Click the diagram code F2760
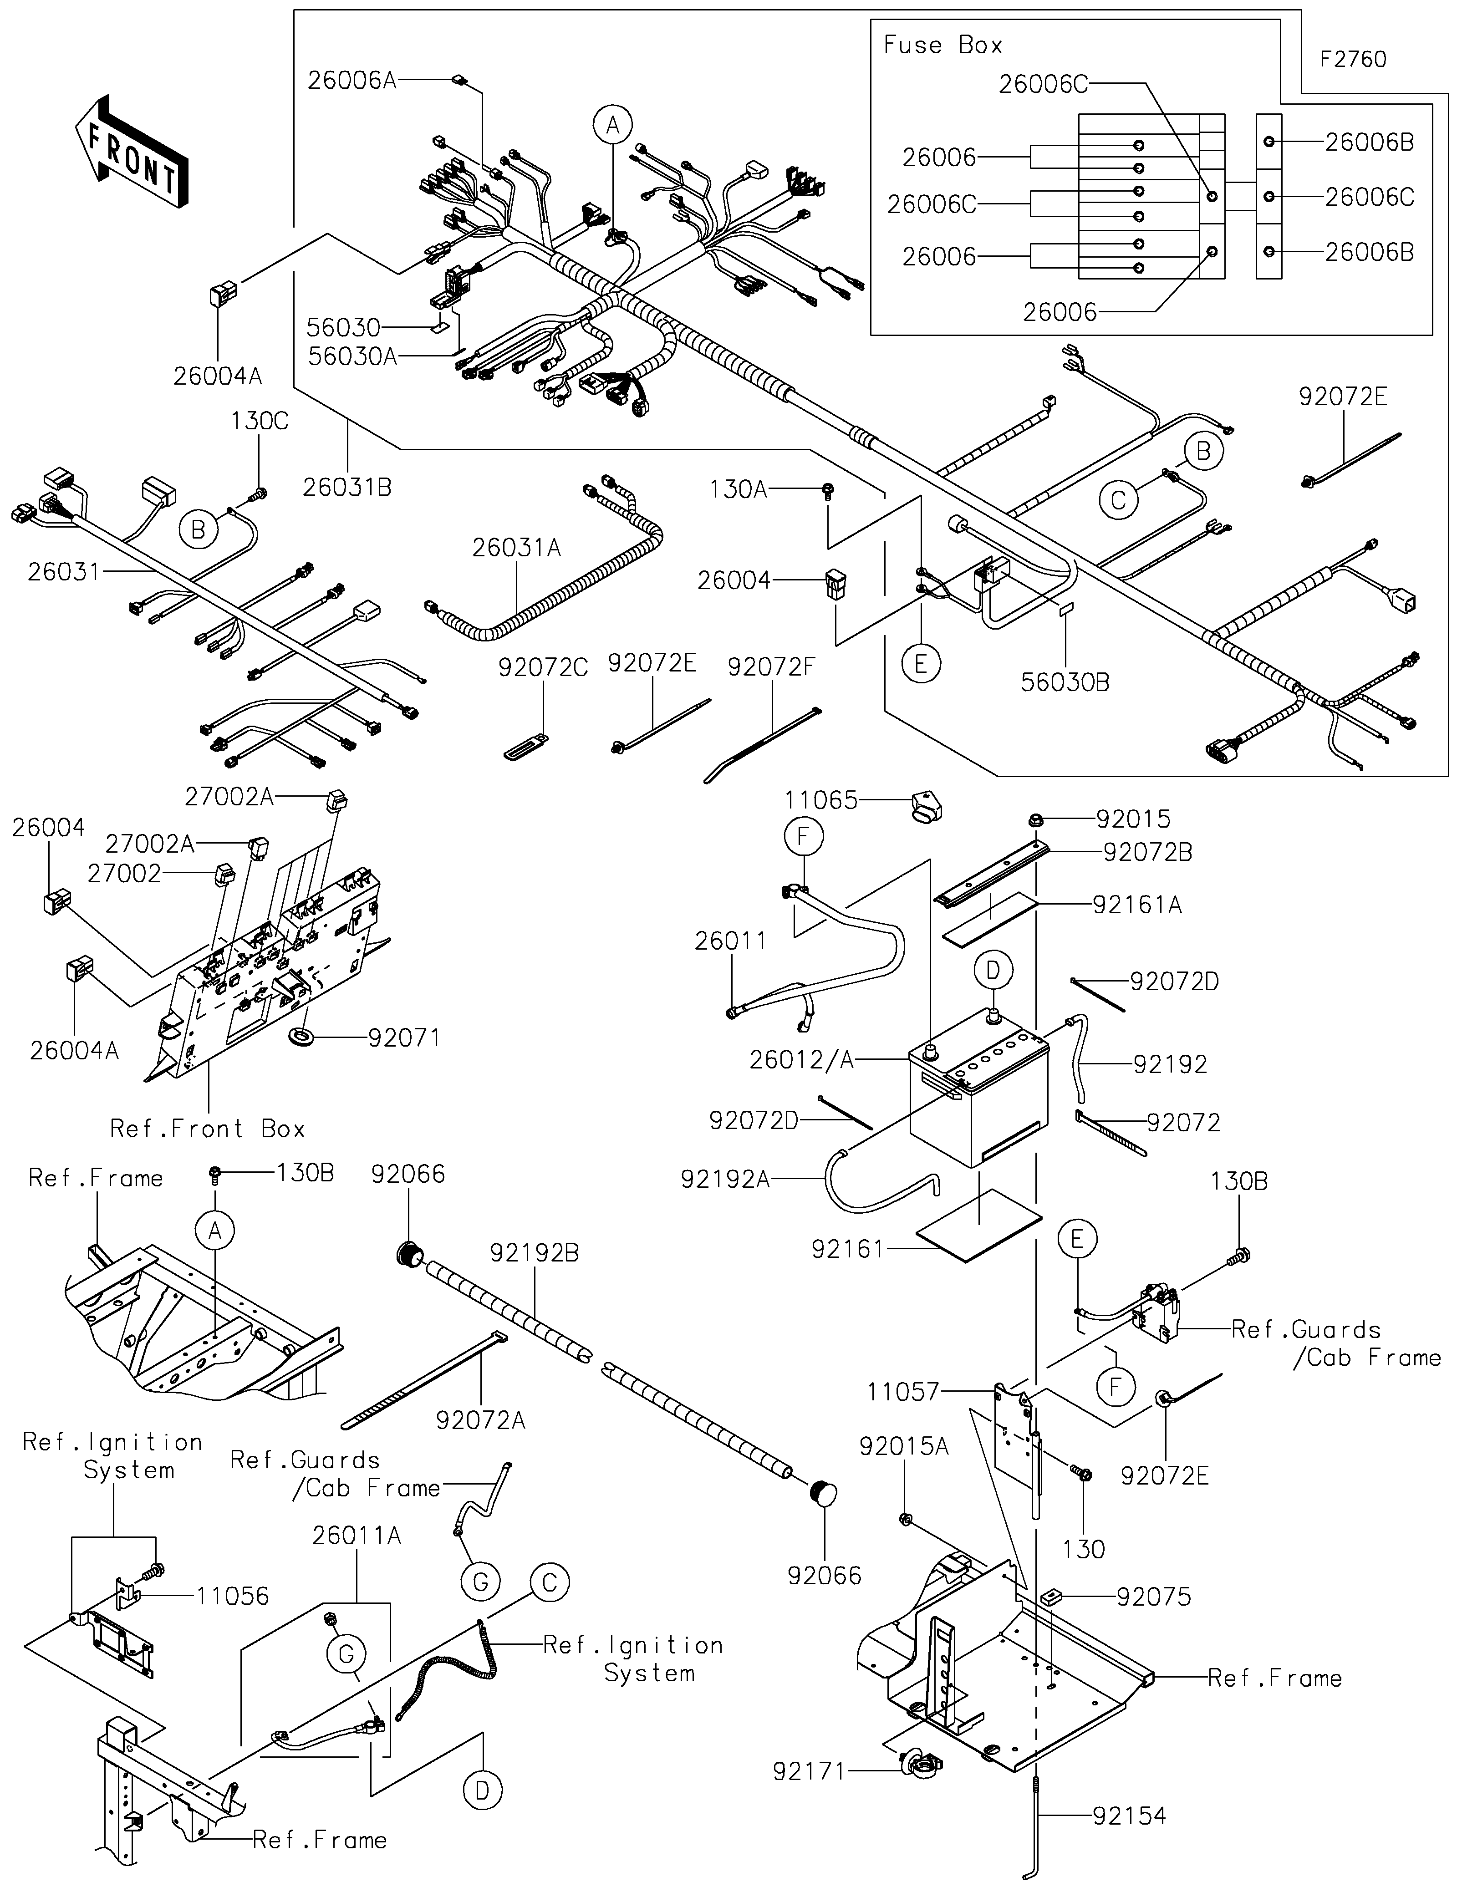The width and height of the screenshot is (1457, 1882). tap(1353, 60)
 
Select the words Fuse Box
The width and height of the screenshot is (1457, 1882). tap(942, 45)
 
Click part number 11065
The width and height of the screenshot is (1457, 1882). tap(821, 800)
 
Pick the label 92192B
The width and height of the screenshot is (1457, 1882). tap(534, 1253)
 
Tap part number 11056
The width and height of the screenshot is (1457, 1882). tap(233, 1596)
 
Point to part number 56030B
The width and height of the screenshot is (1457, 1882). tap(1065, 682)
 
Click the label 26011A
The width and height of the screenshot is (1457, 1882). tap(357, 1536)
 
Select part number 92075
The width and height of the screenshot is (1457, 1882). tap(1154, 1597)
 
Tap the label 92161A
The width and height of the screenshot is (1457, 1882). tap(1137, 905)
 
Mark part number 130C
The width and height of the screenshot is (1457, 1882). tap(260, 422)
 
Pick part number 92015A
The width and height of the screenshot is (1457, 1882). tap(904, 1447)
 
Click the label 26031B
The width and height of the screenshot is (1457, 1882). tap(347, 488)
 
